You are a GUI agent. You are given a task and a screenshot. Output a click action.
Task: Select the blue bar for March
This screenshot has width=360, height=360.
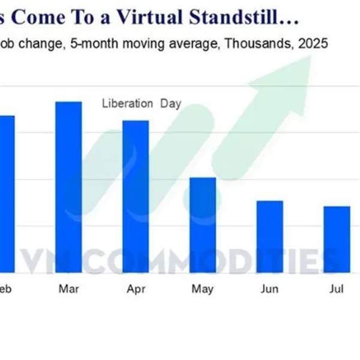tap(68, 186)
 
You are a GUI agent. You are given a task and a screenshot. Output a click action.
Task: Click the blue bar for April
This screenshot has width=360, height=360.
tap(136, 195)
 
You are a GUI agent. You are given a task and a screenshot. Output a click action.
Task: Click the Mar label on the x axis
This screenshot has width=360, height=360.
tap(68, 289)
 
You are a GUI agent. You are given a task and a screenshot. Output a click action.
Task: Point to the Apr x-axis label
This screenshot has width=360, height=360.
tap(136, 289)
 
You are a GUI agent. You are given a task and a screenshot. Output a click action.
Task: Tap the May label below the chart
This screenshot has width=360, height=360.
tap(203, 289)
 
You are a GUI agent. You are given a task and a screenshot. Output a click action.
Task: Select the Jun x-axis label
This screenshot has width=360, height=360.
tap(269, 289)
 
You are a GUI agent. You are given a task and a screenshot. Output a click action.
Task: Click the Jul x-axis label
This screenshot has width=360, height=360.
tap(337, 289)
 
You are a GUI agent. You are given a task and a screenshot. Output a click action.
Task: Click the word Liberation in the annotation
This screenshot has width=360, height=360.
tap(128, 103)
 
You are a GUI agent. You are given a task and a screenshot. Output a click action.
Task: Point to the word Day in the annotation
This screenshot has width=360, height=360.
tap(170, 103)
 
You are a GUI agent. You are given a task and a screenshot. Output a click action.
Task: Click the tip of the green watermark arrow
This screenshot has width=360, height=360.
tap(311, 58)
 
